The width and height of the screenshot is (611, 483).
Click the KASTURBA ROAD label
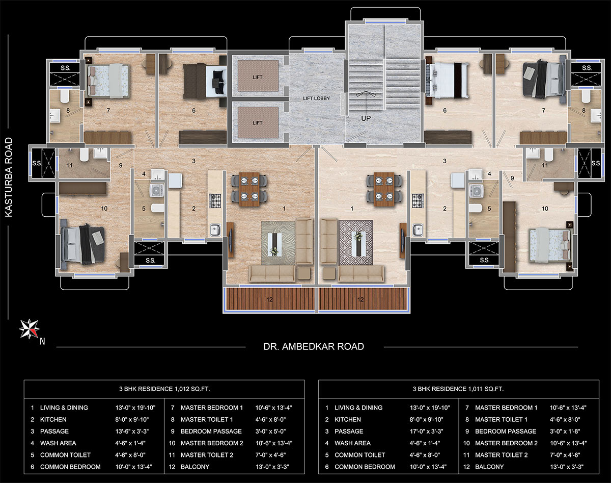click(9, 177)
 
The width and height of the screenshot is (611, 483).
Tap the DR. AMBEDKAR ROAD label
click(314, 346)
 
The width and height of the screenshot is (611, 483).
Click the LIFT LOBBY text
click(316, 98)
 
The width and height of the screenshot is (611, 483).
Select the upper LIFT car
click(258, 75)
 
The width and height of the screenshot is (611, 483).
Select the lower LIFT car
click(258, 122)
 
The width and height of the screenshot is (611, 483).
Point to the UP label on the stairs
click(366, 118)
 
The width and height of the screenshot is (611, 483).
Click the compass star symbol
click(29, 329)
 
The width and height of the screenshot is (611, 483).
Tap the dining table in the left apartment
click(249, 189)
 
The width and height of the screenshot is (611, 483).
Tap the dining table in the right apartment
click(384, 189)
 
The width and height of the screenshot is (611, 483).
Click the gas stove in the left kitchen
click(215, 201)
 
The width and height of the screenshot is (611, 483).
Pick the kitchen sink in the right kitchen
click(418, 230)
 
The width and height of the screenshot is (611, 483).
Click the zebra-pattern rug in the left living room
click(278, 243)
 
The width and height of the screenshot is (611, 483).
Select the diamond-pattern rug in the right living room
click(356, 242)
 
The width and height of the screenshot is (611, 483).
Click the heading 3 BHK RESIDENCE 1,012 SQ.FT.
click(164, 389)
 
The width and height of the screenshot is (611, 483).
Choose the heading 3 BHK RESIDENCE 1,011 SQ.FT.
click(458, 389)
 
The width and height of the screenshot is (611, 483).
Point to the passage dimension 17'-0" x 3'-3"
click(426, 431)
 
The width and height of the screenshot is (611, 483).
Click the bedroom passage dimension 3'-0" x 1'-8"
click(564, 431)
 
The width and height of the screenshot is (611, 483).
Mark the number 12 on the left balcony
click(269, 299)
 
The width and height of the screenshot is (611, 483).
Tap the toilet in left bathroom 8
click(65, 97)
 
